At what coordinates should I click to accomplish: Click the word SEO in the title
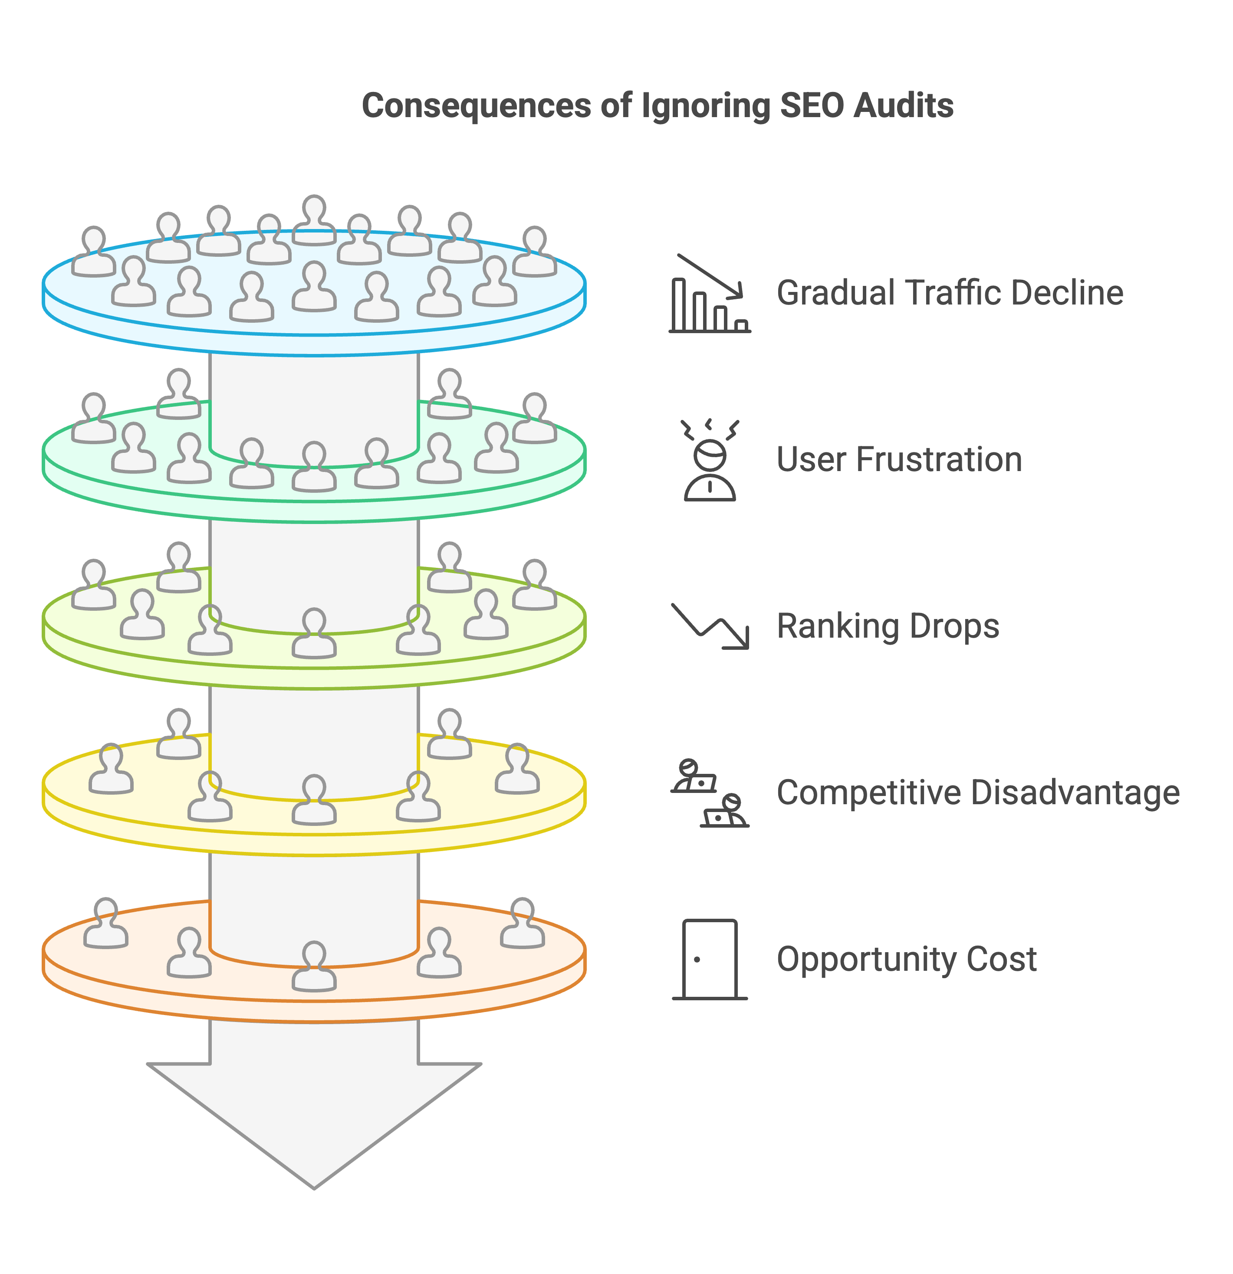pyautogui.click(x=811, y=105)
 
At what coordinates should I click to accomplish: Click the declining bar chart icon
pyautogui.click(x=710, y=293)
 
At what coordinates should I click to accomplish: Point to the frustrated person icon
pyautogui.click(x=710, y=460)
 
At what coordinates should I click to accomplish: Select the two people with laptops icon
pyautogui.click(x=710, y=793)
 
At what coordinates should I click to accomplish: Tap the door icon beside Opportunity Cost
pyautogui.click(x=710, y=960)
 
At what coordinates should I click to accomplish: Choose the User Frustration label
pyautogui.click(x=899, y=459)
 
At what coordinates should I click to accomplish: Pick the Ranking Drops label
pyautogui.click(x=888, y=627)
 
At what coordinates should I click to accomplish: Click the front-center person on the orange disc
pyautogui.click(x=314, y=966)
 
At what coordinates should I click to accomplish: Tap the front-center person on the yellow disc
pyautogui.click(x=314, y=799)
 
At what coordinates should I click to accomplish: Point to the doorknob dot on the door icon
pyautogui.click(x=697, y=960)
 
